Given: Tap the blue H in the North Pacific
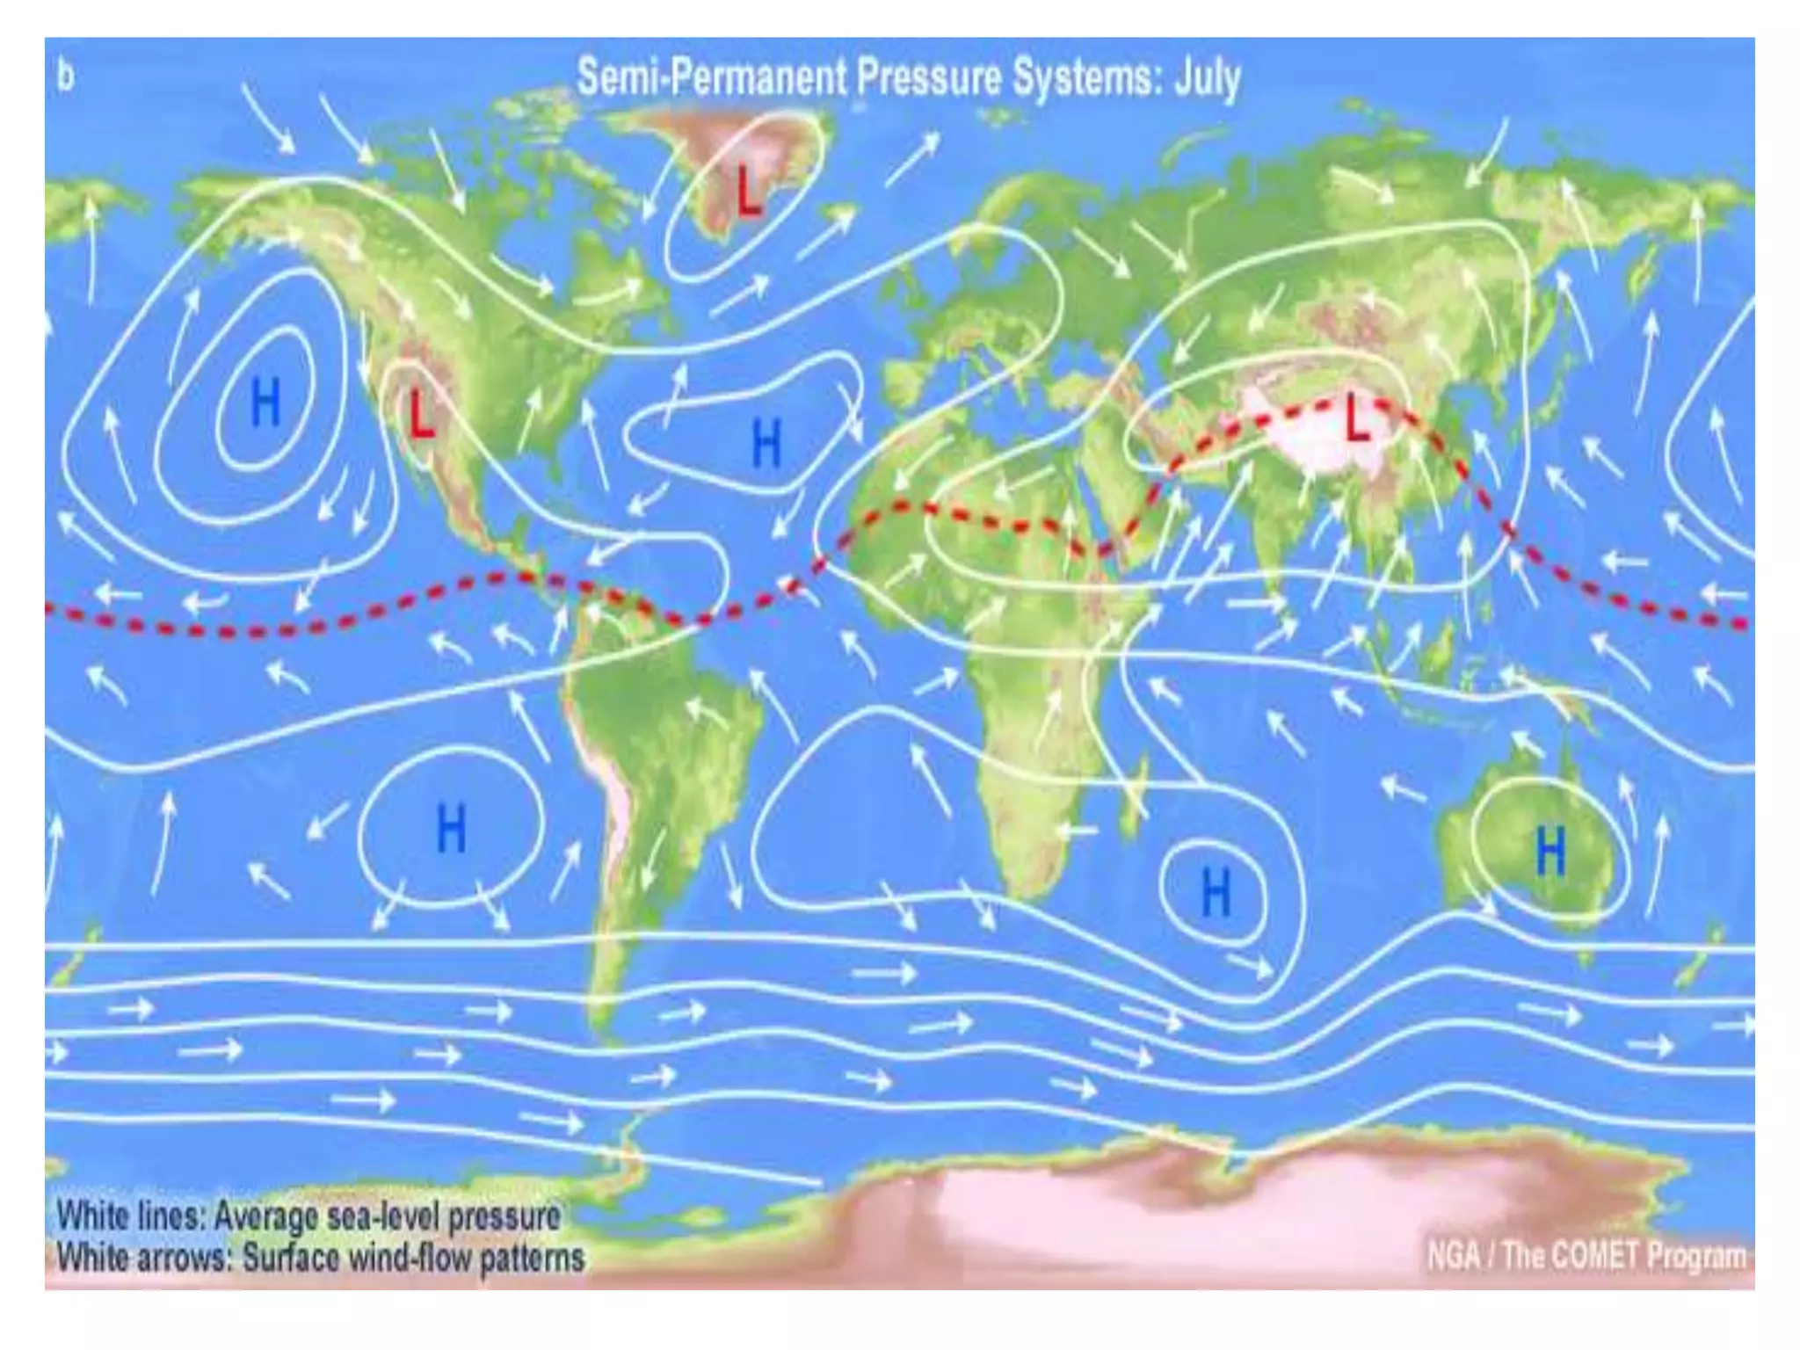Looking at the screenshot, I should (x=265, y=403).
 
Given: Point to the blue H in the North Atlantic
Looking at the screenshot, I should (x=766, y=443).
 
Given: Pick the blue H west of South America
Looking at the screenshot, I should (x=451, y=828).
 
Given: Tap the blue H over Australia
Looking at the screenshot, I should (x=1550, y=852).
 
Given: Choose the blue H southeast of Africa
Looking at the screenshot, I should (x=1216, y=893).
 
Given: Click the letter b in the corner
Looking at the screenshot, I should (x=66, y=76).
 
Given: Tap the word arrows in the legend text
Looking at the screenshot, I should (x=185, y=1258).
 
